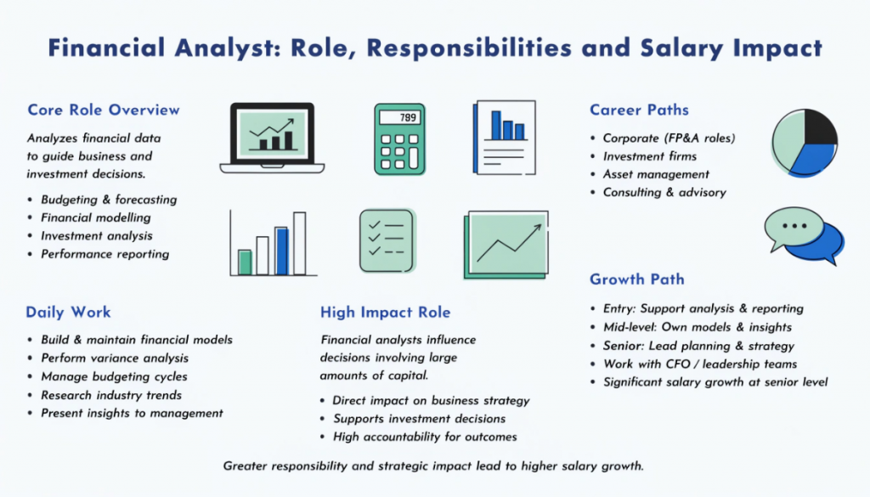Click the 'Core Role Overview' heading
104,110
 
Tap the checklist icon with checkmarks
386,240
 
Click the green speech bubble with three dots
793,227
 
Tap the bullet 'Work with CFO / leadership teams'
700,364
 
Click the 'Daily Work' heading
68,312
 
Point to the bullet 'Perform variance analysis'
115,358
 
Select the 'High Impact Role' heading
385,312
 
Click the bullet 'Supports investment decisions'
419,418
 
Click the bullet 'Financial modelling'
95,217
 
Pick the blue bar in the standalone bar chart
281,251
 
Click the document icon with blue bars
505,138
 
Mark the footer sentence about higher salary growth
434,466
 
